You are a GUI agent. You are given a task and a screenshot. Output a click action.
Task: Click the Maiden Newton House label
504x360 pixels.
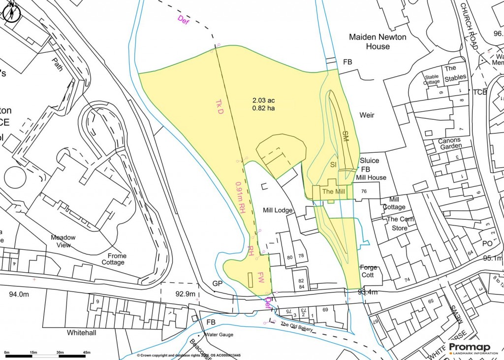click(x=370, y=41)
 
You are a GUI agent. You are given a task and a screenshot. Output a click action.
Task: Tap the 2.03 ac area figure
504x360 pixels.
click(x=263, y=100)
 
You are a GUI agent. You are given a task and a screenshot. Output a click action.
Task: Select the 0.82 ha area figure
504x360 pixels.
click(x=263, y=108)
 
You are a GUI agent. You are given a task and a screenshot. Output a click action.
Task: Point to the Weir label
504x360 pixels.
click(x=367, y=115)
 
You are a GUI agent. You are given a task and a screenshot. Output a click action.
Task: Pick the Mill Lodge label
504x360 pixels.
click(x=277, y=210)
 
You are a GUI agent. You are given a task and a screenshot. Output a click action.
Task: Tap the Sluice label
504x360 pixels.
click(x=370, y=161)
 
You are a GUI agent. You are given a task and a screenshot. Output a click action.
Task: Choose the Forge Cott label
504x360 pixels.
click(x=369, y=271)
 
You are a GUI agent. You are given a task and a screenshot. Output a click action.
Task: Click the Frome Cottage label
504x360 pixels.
click(x=114, y=259)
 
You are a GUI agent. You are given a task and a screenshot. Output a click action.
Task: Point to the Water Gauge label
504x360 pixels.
click(x=219, y=335)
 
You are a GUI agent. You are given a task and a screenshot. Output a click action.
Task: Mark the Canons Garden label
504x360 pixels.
click(x=449, y=143)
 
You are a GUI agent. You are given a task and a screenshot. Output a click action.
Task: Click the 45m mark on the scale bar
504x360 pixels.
click(x=87, y=352)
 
